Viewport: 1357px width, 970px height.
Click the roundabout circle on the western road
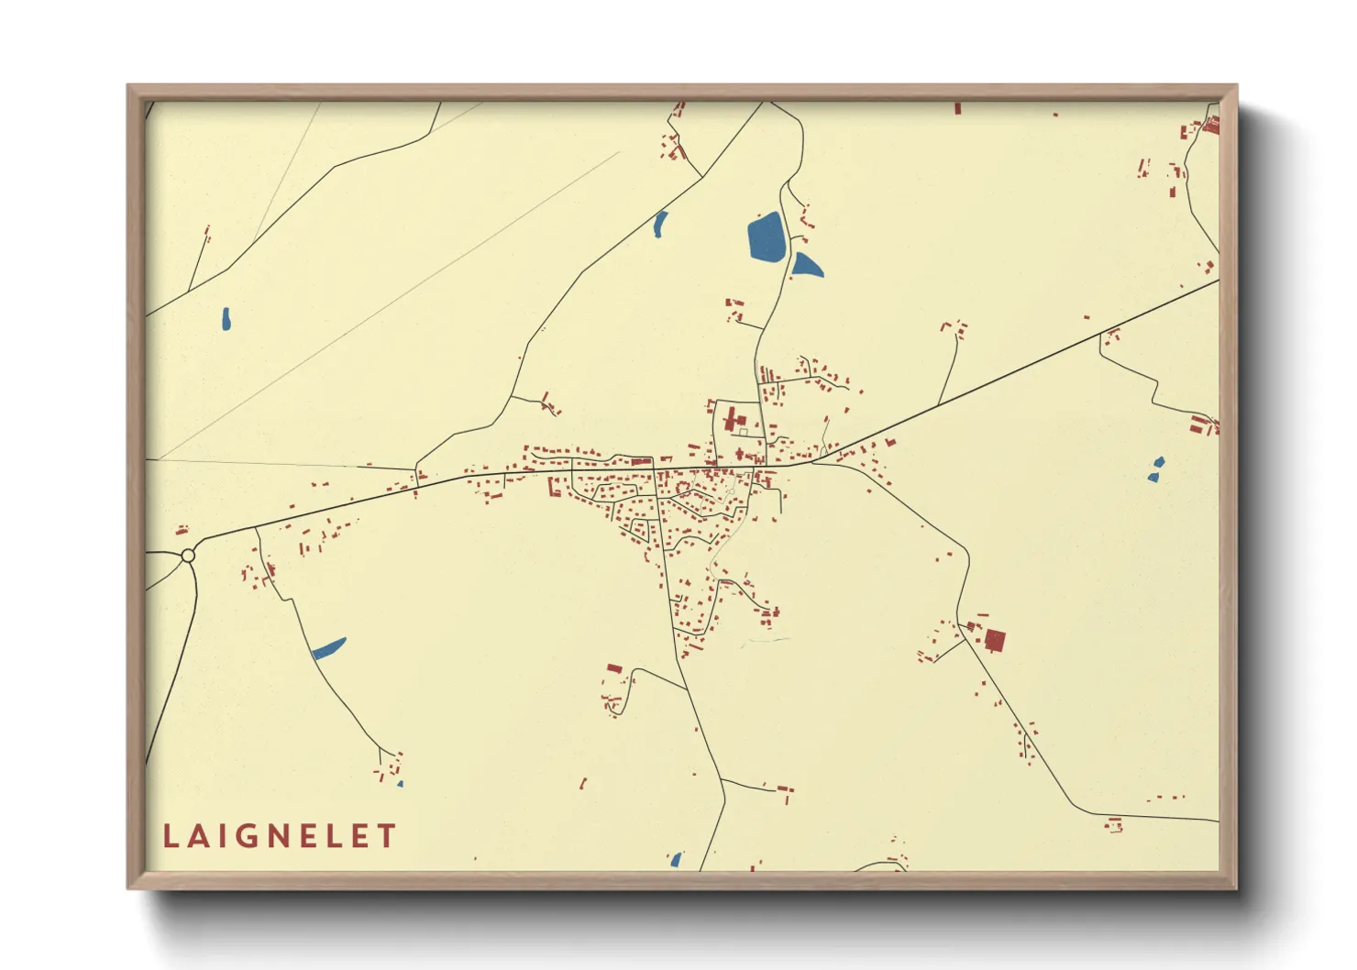(188, 556)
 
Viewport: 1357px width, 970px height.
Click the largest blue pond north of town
(767, 237)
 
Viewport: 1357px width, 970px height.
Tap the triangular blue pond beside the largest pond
(806, 266)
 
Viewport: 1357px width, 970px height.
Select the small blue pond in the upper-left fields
(226, 318)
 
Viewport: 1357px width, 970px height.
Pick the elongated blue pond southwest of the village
(328, 648)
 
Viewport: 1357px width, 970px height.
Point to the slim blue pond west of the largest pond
(660, 224)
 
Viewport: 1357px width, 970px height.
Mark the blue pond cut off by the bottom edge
(676, 860)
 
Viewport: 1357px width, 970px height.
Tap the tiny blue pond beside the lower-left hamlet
(400, 784)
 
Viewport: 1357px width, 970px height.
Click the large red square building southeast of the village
(995, 640)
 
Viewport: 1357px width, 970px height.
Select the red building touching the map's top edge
(958, 108)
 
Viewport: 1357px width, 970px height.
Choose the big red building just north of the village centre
(732, 421)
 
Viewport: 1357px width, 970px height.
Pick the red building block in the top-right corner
(1211, 126)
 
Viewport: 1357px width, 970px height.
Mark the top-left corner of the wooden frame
(129, 87)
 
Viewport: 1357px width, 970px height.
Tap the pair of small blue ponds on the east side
(1156, 468)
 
